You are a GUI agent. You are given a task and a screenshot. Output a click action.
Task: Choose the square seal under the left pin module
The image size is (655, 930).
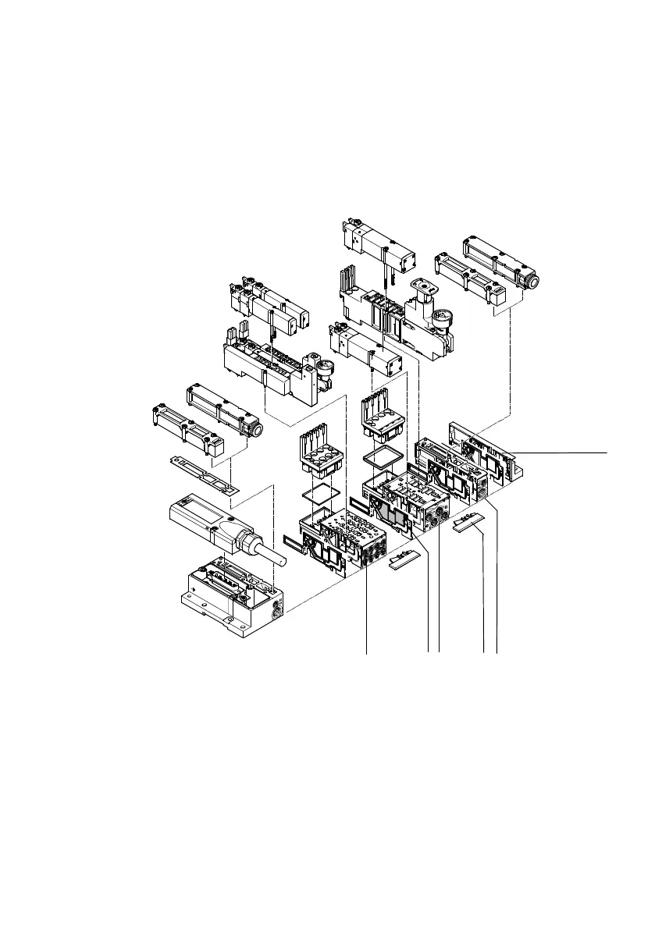321,492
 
